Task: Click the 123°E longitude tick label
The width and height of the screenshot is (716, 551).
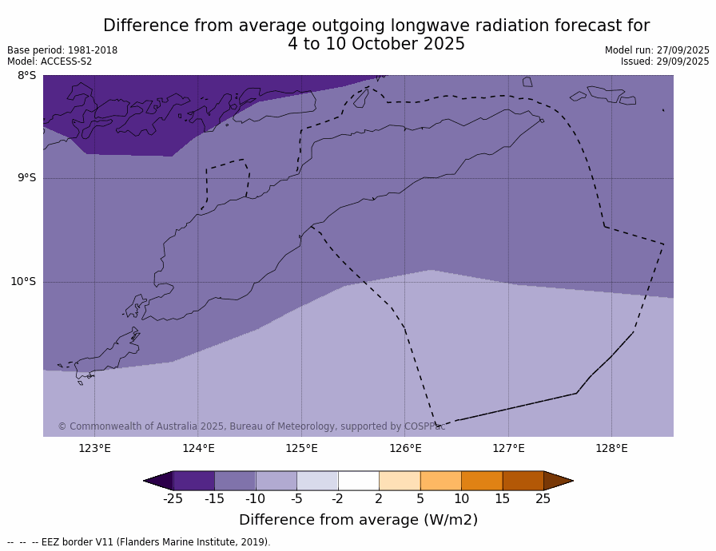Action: [x=94, y=448]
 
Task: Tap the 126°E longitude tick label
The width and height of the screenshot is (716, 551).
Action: [x=405, y=448]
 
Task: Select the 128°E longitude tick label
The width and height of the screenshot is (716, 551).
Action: [x=611, y=448]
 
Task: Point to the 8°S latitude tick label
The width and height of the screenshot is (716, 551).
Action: [x=26, y=76]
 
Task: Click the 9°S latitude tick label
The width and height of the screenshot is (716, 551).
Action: [x=26, y=178]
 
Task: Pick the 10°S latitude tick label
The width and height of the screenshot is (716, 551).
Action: [x=23, y=281]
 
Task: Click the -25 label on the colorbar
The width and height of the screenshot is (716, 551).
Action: [x=173, y=499]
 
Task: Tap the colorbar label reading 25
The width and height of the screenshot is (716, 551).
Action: [x=543, y=499]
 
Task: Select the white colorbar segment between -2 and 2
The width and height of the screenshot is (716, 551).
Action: [x=358, y=481]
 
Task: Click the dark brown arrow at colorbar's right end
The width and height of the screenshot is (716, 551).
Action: [x=557, y=481]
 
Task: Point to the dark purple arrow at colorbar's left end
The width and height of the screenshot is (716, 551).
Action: [x=159, y=481]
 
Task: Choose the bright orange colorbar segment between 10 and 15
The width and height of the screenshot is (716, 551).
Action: [x=482, y=481]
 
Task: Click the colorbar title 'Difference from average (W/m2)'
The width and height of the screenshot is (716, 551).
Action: [x=358, y=520]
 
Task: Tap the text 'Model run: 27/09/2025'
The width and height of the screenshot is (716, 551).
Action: [x=657, y=50]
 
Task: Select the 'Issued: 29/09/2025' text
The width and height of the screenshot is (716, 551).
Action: [x=665, y=61]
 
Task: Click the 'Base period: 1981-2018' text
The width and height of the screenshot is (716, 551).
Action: [x=62, y=50]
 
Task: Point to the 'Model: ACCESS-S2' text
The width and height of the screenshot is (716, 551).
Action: [x=50, y=61]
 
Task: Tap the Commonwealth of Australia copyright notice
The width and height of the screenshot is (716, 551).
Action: [x=251, y=426]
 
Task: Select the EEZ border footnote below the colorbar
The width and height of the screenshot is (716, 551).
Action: [x=139, y=542]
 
